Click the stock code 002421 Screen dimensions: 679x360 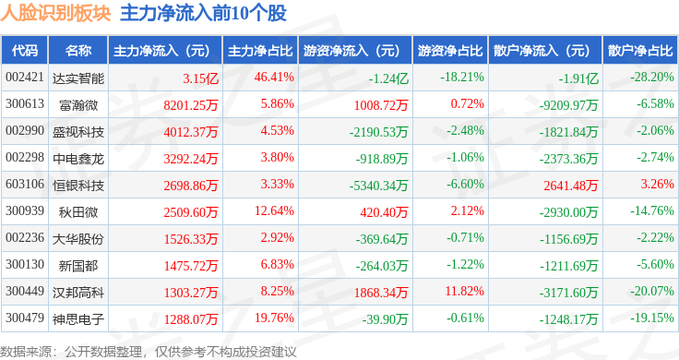25,78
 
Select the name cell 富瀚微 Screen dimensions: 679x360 78,105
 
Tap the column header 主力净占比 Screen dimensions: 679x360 260,51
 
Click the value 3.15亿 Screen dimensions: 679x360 200,78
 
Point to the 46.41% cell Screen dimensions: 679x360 274,78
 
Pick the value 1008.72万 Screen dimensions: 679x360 381,105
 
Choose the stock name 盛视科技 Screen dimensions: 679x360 78,132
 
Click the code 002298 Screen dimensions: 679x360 25,157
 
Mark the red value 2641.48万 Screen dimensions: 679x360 571,186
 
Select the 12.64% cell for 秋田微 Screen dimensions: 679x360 274,211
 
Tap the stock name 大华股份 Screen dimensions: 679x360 78,239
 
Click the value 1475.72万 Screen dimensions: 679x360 191,266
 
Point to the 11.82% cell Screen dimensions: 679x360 464,291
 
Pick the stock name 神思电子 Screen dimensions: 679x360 78,319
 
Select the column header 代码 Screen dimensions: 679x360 25,51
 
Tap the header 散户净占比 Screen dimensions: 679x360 640,51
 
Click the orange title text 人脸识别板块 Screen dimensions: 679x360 55,14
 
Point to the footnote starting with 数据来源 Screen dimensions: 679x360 149,352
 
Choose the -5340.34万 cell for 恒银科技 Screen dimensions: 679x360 378,186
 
